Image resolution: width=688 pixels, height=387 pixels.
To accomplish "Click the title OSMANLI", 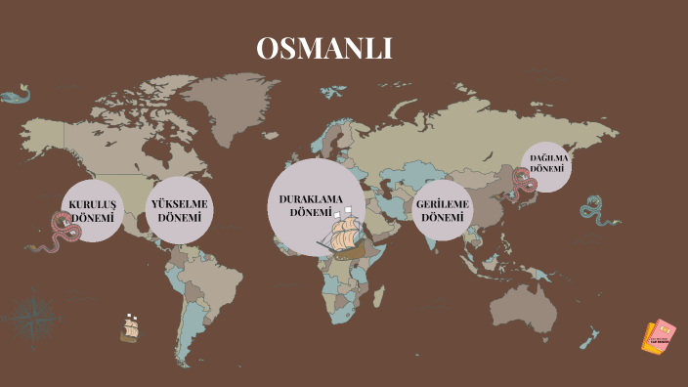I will [x=324, y=49].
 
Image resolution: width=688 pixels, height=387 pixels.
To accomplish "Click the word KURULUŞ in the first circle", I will [x=93, y=204].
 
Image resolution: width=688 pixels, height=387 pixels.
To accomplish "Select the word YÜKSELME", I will [x=180, y=203].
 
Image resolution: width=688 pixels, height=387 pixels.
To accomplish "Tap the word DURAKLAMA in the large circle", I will [x=312, y=199].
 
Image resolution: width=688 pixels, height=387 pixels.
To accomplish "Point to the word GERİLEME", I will [x=442, y=204].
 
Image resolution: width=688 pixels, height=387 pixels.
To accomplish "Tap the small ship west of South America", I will [x=129, y=327].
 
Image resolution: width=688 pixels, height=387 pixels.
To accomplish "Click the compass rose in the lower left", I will [x=36, y=315].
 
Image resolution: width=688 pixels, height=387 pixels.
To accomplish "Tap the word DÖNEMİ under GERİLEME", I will [x=442, y=218].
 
